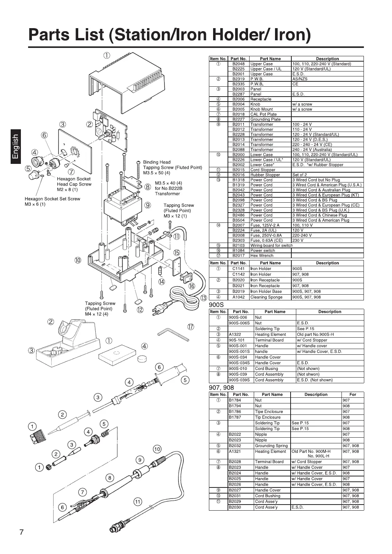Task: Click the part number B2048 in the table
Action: click(x=239, y=64)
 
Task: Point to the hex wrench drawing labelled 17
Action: click(x=173, y=335)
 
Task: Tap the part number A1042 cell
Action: click(x=239, y=297)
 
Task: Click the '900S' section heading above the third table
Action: click(x=217, y=305)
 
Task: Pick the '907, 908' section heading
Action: click(x=221, y=387)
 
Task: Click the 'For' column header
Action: click(x=352, y=394)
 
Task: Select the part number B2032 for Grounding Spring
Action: click(x=235, y=446)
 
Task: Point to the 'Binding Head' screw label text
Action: click(x=156, y=162)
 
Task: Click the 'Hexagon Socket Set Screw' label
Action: click(x=52, y=198)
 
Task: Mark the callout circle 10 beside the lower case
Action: click(x=78, y=260)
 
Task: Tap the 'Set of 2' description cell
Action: click(x=300, y=175)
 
